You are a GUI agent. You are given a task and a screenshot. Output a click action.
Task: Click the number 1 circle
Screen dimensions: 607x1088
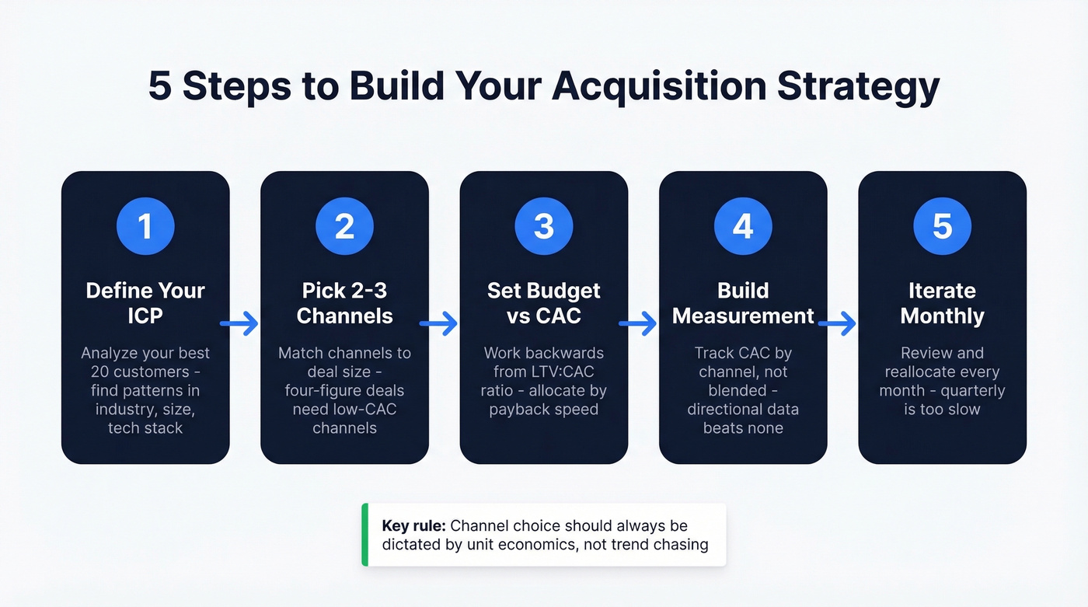[x=145, y=226]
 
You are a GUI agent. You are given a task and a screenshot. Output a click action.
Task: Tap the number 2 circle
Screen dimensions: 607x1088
[x=344, y=226]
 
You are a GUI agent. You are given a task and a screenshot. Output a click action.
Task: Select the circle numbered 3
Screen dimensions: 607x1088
[x=544, y=226]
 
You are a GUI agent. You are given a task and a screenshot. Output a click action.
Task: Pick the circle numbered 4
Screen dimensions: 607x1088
[x=743, y=226]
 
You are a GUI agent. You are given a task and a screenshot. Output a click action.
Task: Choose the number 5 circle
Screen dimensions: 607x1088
[x=942, y=226]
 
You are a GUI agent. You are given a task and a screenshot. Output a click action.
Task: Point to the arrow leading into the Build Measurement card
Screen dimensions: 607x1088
[x=638, y=323]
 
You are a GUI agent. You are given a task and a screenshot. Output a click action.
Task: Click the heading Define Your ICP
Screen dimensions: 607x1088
[x=145, y=303]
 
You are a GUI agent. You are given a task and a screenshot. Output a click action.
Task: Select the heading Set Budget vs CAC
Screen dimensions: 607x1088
[x=544, y=303]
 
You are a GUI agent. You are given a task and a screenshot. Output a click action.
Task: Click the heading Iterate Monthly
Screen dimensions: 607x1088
[x=942, y=303]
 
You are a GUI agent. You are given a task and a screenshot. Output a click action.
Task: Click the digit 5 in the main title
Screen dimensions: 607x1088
[x=160, y=86]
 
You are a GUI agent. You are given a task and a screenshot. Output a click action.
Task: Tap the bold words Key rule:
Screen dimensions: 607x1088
[x=413, y=526]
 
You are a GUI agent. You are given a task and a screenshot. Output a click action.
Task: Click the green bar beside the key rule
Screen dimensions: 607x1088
[x=365, y=535]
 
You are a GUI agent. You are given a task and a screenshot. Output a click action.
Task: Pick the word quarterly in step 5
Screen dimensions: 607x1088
[x=968, y=390]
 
